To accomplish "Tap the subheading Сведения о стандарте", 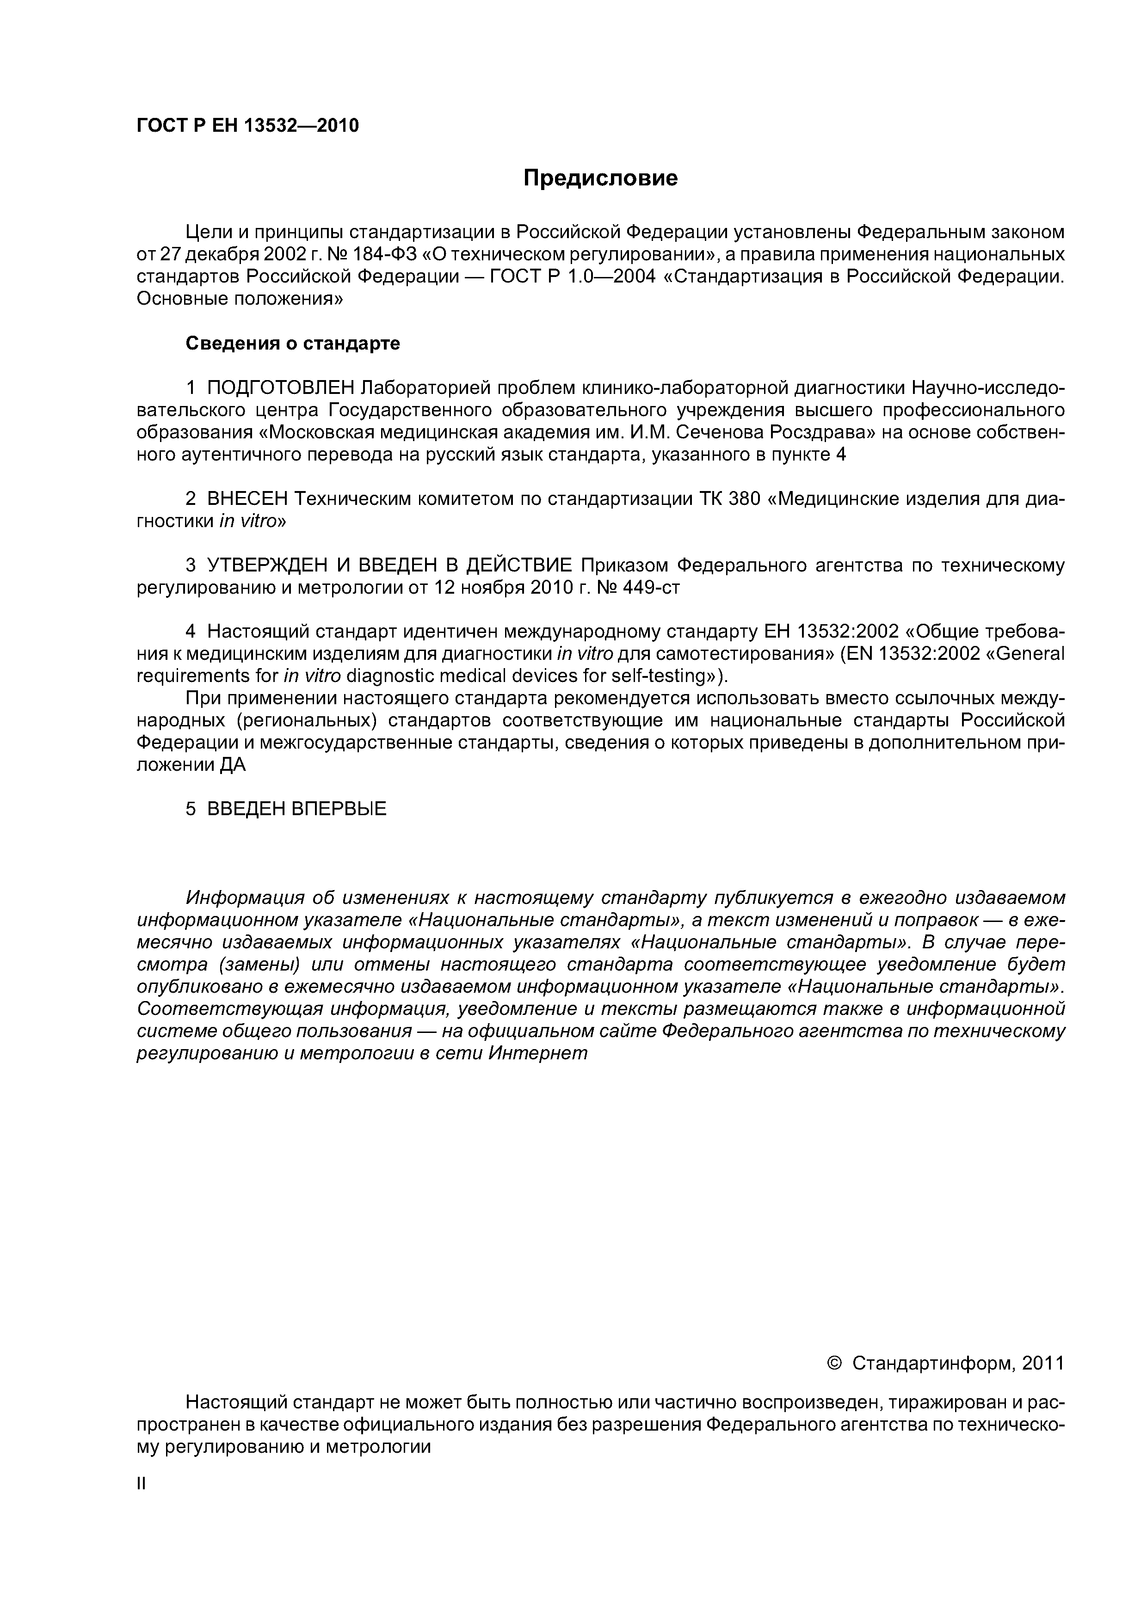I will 293,344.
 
